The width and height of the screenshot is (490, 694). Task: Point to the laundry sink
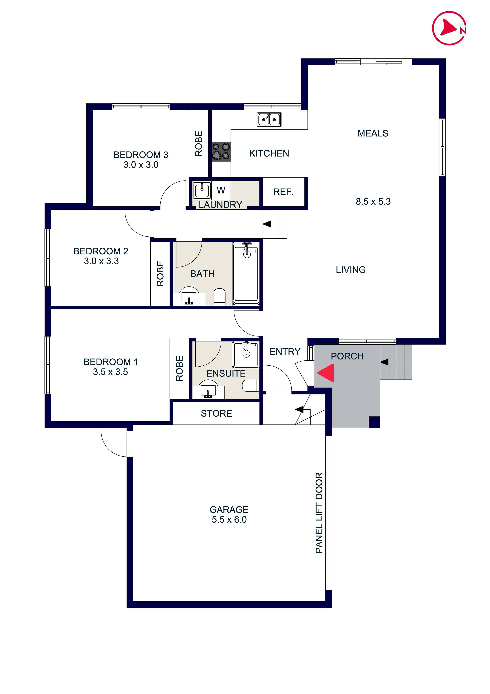(202, 190)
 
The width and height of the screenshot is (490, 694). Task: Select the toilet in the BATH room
(220, 297)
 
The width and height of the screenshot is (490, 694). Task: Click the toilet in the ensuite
(250, 386)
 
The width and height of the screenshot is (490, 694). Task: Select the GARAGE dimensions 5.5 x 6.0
(229, 520)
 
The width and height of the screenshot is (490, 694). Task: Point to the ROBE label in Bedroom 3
(198, 144)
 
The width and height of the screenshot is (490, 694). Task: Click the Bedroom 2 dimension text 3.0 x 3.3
(101, 261)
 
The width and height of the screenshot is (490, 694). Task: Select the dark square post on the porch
(374, 422)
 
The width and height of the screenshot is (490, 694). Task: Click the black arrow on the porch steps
(384, 362)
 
